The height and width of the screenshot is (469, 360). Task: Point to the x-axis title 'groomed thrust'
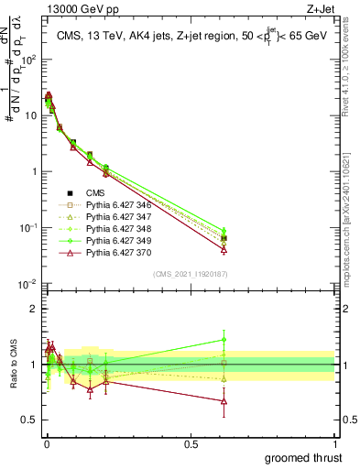pyautogui.click(x=305, y=457)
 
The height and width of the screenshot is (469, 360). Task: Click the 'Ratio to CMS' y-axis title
pyautogui.click(x=13, y=365)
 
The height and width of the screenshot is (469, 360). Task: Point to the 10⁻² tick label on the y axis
pyautogui.click(x=27, y=284)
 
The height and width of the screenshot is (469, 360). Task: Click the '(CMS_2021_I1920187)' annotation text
pyautogui.click(x=190, y=274)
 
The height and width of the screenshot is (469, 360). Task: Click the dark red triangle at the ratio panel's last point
pyautogui.click(x=224, y=400)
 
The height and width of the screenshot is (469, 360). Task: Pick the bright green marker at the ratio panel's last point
pyautogui.click(x=224, y=340)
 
